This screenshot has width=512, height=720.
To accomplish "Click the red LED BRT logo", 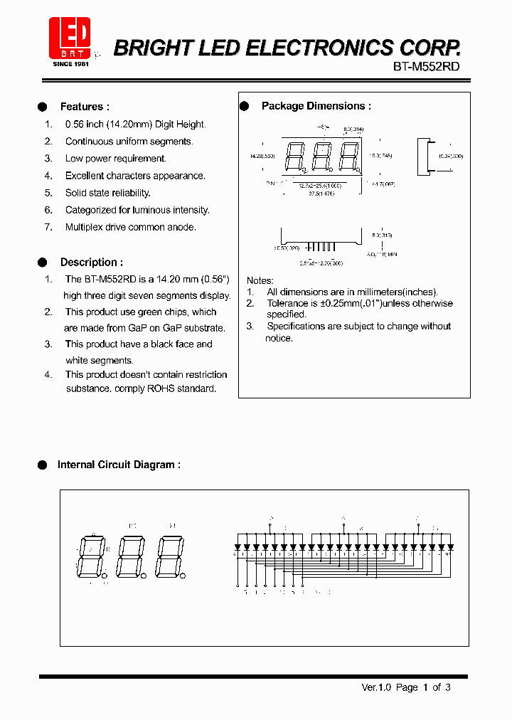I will click(x=69, y=38).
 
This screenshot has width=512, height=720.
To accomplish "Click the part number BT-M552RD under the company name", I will click(x=426, y=66).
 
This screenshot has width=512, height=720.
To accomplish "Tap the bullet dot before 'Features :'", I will click(x=42, y=107).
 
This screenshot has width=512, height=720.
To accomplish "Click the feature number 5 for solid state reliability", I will click(x=48, y=193).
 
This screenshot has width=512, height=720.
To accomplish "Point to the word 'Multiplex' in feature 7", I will click(x=85, y=227).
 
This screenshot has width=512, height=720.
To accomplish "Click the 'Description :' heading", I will click(x=91, y=262).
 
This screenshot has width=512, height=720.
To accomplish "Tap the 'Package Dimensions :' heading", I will click(x=316, y=106).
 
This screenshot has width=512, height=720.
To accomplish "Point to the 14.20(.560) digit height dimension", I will click(x=262, y=155).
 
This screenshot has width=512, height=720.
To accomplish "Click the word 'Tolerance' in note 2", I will click(x=287, y=303).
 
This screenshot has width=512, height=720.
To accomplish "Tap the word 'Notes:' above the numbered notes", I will click(x=260, y=280).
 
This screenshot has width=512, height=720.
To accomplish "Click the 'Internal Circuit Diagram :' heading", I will click(x=118, y=465).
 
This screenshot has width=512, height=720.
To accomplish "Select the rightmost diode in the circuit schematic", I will click(x=450, y=547).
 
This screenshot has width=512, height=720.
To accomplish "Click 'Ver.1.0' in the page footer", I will click(x=377, y=687).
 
